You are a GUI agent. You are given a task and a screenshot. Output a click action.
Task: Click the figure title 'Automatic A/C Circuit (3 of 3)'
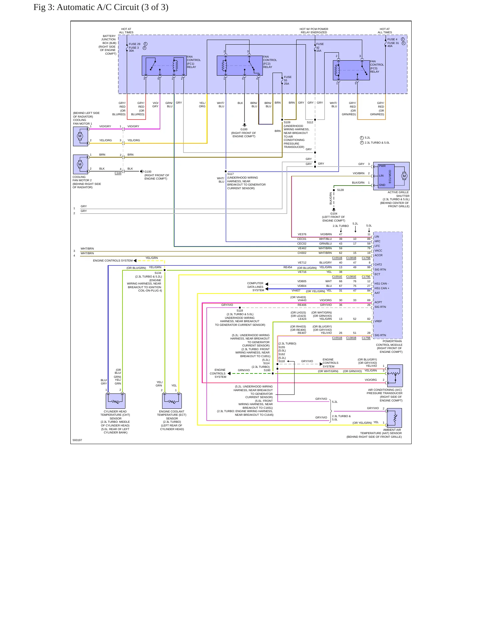(x=112, y=7)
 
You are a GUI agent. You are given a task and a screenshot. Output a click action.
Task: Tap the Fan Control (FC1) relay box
(x=164, y=66)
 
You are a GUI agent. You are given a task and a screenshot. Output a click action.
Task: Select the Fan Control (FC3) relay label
(x=377, y=67)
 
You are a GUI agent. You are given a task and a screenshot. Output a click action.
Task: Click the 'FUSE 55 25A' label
(x=288, y=80)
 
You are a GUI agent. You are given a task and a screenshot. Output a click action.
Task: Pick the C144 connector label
(x=118, y=173)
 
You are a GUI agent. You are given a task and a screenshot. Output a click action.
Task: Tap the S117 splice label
(x=230, y=174)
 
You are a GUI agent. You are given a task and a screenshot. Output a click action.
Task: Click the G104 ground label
(x=334, y=214)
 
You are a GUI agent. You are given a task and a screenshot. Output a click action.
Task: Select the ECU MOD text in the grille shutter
(x=390, y=177)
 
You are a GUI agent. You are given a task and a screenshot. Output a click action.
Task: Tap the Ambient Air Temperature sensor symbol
(x=394, y=418)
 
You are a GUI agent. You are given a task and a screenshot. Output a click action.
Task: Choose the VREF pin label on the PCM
(x=378, y=321)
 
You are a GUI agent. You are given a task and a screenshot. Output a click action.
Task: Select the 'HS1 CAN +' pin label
(x=382, y=288)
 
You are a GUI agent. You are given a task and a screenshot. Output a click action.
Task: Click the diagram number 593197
(x=77, y=440)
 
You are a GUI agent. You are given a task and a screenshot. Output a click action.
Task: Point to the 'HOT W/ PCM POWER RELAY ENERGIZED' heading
(x=314, y=31)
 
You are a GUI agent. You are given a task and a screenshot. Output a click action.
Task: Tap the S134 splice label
(x=158, y=273)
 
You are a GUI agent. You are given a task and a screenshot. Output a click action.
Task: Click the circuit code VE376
(x=302, y=234)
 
